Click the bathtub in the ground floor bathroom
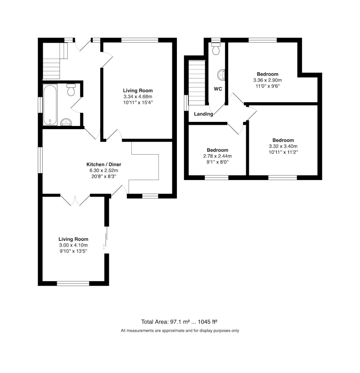point(50,104)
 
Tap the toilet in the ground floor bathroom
point(71,90)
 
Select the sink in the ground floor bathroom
point(66,122)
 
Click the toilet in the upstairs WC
point(216,49)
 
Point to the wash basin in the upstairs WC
point(221,74)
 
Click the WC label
point(218,89)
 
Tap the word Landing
point(203,114)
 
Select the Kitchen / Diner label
point(104,164)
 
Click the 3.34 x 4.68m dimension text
point(138,97)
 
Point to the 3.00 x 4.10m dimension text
point(73,245)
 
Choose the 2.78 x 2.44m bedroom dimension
point(217,156)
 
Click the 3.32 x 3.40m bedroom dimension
point(283,146)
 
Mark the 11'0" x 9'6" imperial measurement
point(267,86)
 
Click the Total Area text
point(179,322)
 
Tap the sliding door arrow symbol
point(103,247)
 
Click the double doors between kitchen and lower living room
point(75,200)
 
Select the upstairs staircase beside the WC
point(197,83)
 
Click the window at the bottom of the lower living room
point(73,283)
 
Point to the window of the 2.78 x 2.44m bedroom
point(216,177)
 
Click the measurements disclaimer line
point(180,331)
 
